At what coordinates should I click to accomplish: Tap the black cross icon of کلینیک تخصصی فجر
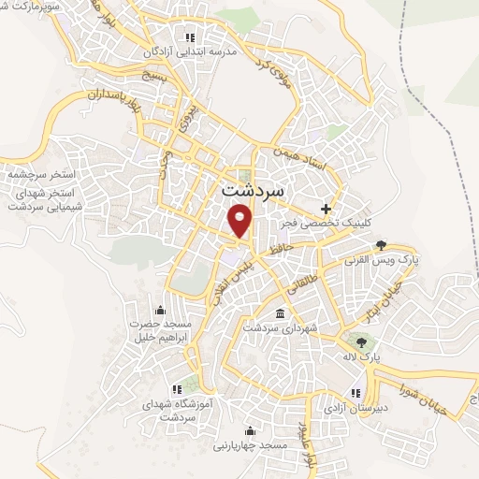(x=326, y=208)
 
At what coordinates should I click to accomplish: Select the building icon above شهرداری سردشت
(x=281, y=313)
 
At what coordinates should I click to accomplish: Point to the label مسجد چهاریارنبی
(x=250, y=446)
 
